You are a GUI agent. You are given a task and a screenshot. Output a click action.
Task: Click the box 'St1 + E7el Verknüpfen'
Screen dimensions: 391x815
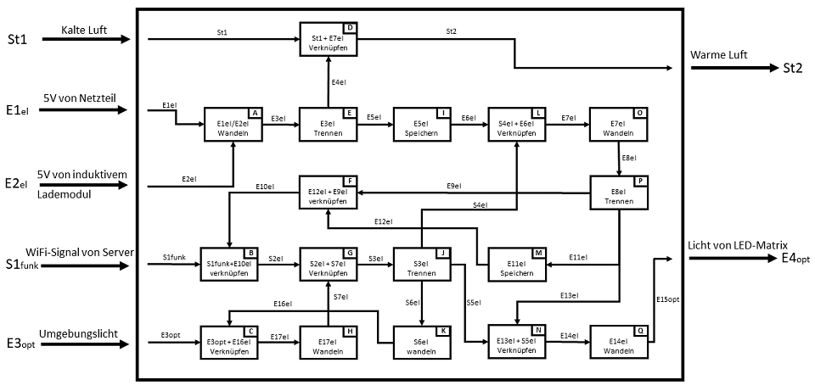(x=329, y=42)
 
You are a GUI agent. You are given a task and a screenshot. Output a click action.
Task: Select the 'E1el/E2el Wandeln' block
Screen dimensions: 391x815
(x=232, y=128)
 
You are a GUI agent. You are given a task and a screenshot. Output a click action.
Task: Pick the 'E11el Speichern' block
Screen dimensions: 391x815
(x=515, y=268)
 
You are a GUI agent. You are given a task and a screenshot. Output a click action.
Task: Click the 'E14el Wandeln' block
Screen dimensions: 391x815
(x=618, y=344)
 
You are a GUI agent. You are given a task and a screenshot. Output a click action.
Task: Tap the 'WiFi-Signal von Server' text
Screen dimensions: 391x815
(x=74, y=254)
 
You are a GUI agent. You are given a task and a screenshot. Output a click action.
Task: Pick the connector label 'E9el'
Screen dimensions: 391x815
(x=454, y=186)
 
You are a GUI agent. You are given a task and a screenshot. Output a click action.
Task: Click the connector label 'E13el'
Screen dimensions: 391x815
(x=570, y=295)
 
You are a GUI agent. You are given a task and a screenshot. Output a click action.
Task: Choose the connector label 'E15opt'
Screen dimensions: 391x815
(x=668, y=298)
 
